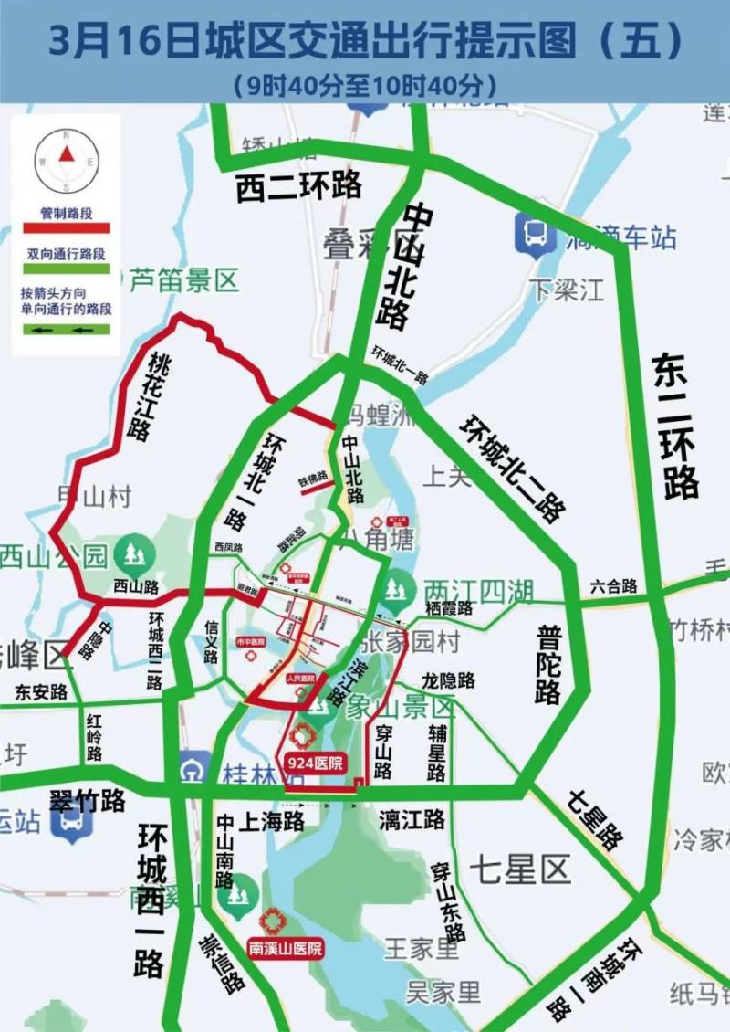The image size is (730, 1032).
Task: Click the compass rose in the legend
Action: coord(66,155)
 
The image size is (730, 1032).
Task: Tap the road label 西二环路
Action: coord(298,185)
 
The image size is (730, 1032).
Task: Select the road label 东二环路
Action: coord(676,426)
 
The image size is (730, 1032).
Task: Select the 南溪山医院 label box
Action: coord(286,950)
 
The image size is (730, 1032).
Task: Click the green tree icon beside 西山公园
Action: coord(135,553)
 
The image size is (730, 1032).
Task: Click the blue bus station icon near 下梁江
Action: coord(534,234)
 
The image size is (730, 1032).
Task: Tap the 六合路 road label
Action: coord(613,586)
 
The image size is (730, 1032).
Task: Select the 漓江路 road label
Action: coord(412,820)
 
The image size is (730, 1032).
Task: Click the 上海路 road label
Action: coord(271,822)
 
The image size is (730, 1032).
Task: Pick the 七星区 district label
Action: coord(520,869)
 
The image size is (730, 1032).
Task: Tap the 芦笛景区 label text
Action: coord(182,279)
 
